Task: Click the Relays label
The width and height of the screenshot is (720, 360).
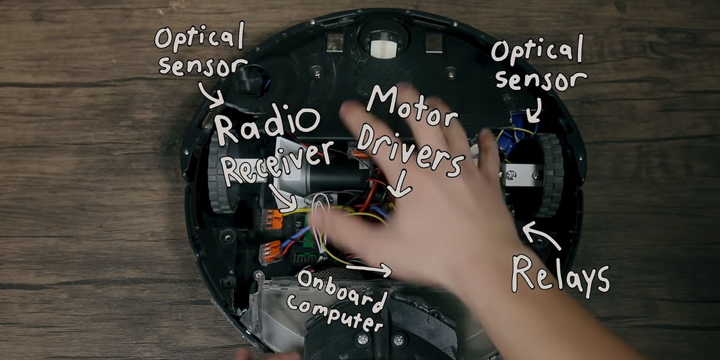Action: coord(559,274)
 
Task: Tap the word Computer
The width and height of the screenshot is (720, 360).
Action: coord(334,314)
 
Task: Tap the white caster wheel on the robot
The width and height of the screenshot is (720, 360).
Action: coord(383,46)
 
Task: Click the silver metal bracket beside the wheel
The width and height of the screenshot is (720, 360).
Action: coord(520,175)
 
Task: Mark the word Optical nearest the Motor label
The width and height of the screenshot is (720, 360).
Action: coord(536,50)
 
